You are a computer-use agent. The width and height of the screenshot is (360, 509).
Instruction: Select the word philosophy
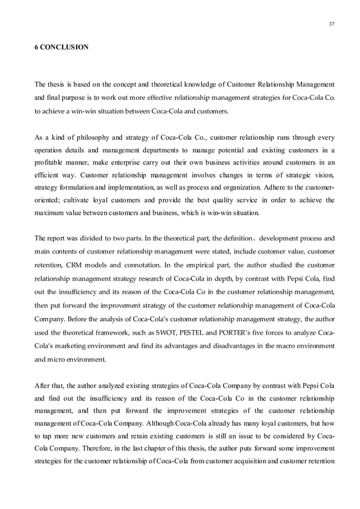(91, 137)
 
